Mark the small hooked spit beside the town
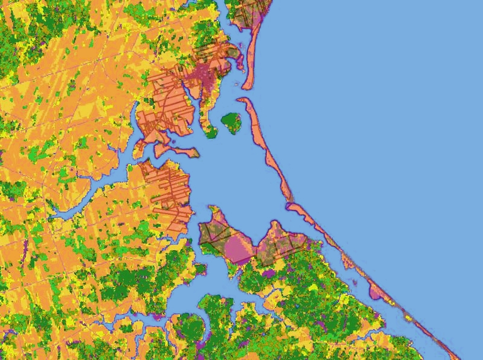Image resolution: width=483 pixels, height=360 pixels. coord(240,60)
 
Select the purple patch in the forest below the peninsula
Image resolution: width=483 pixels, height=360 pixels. coord(269,274)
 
